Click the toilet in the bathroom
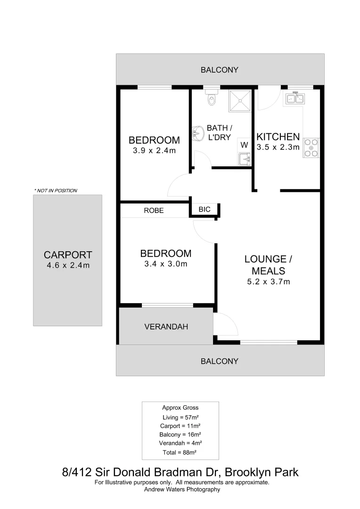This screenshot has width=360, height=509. tap(212, 98)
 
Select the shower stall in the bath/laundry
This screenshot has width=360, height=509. tap(241, 100)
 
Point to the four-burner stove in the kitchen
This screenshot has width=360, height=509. tap(311, 148)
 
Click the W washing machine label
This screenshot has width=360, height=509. tap(244, 145)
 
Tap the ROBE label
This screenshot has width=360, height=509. tap(154, 211)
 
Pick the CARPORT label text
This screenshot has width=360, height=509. tap(68, 255)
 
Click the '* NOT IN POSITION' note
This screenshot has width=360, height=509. tap(55, 190)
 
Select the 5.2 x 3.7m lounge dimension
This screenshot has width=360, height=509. tap(268, 282)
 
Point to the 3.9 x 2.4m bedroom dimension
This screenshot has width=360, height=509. tap(154, 151)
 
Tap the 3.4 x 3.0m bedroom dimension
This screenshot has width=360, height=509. tap(165, 264)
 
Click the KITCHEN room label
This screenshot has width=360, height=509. tap(278, 137)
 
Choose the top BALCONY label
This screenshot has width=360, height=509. tap(220, 70)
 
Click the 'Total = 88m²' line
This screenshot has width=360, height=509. tap(180, 452)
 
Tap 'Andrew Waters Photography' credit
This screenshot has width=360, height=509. tap(182, 489)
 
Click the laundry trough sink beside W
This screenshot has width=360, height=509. tap(245, 160)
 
